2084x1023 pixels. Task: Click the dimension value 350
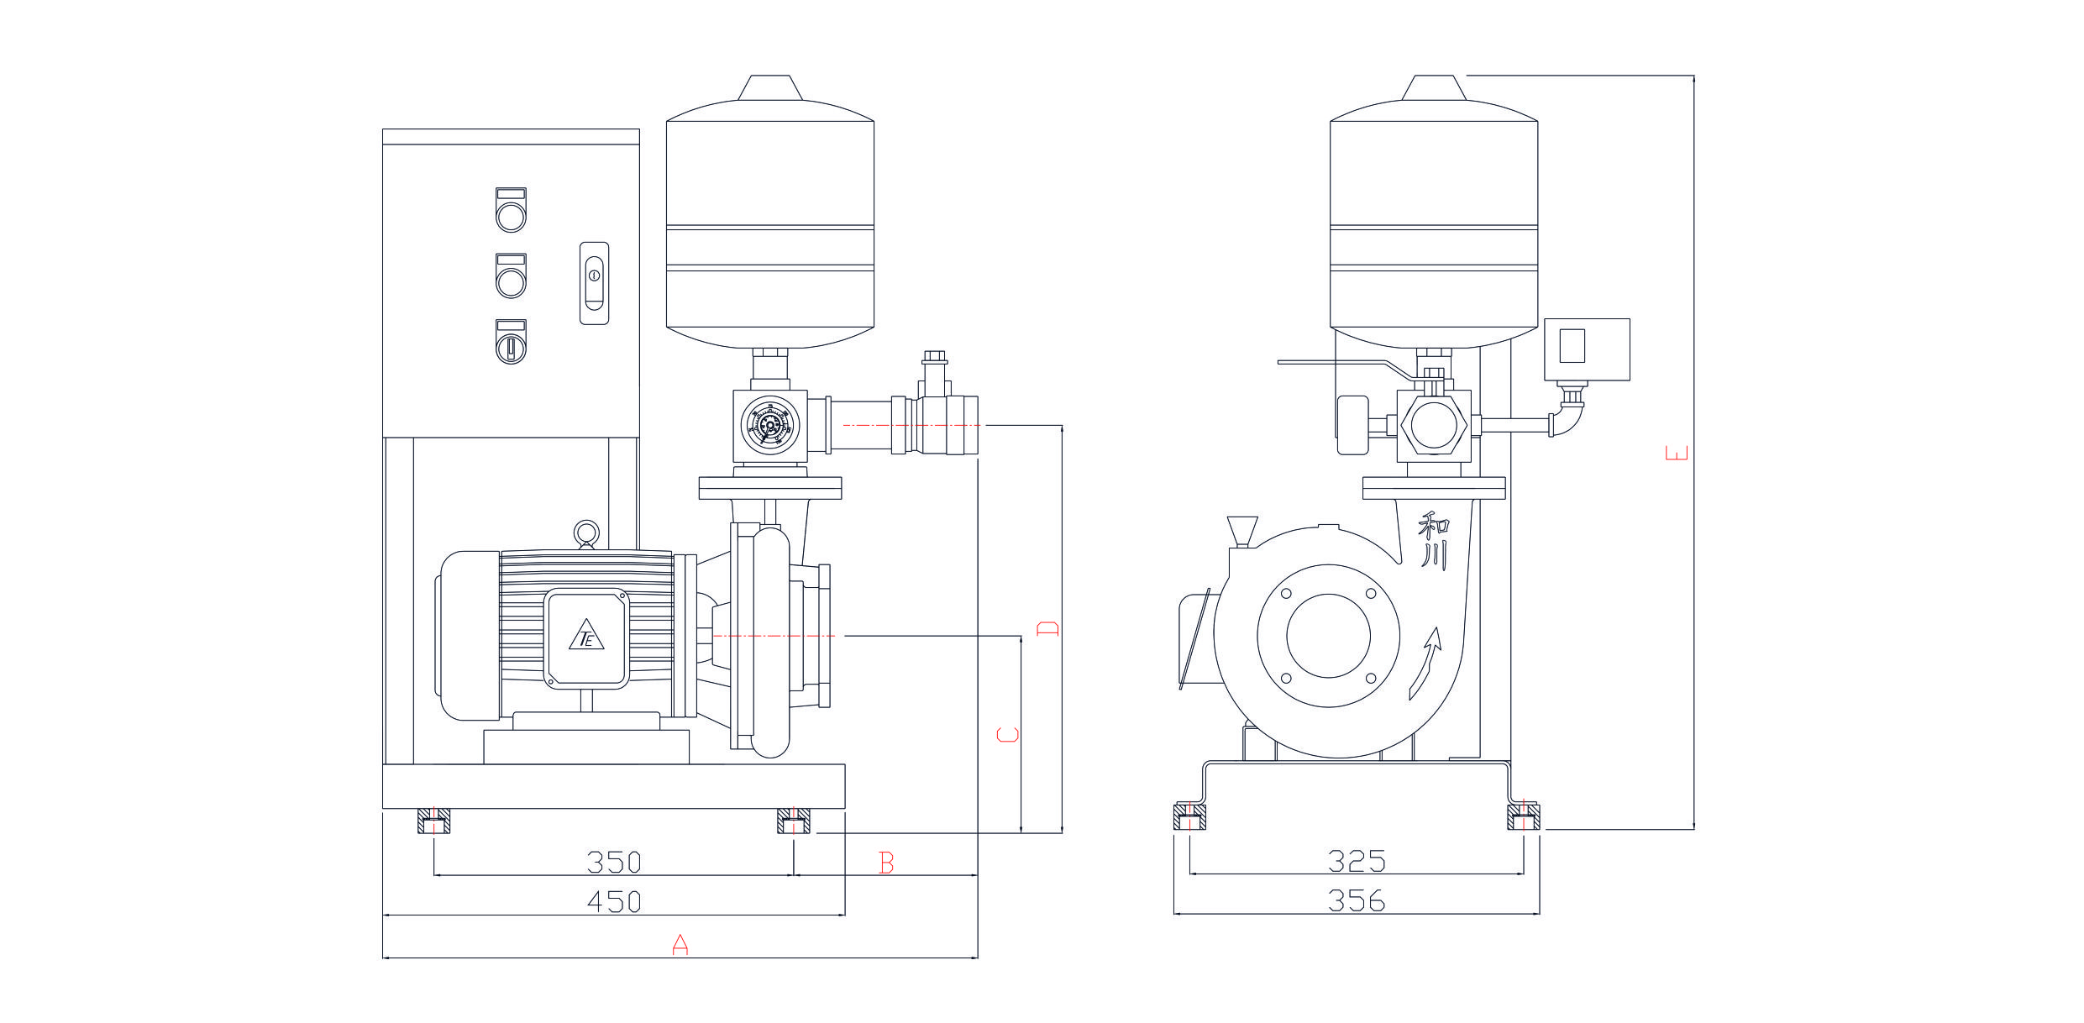click(613, 862)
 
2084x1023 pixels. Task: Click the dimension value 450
click(613, 901)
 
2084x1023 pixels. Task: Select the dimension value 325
click(1356, 861)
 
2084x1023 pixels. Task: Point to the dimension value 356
click(1356, 900)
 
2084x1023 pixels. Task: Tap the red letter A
click(680, 944)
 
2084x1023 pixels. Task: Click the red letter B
click(886, 863)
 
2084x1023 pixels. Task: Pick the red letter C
click(1008, 734)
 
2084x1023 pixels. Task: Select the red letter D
click(1047, 627)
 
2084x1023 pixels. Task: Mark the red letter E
click(1677, 454)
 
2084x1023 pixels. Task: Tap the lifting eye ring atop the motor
click(586, 532)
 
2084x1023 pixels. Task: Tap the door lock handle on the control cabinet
click(594, 283)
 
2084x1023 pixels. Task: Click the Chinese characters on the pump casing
click(1433, 542)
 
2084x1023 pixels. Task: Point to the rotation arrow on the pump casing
click(1425, 664)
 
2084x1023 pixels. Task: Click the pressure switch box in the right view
click(1587, 349)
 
